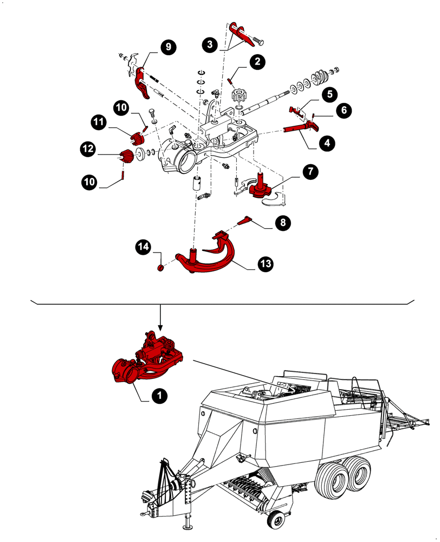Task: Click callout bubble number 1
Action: (x=159, y=397)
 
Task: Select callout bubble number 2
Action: (x=257, y=61)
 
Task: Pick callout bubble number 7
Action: (x=310, y=172)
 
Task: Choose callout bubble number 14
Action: (x=143, y=248)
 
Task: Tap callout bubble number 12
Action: (x=89, y=147)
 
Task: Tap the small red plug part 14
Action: (x=160, y=268)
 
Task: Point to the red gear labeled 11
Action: (x=138, y=132)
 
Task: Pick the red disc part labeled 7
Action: (x=259, y=190)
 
